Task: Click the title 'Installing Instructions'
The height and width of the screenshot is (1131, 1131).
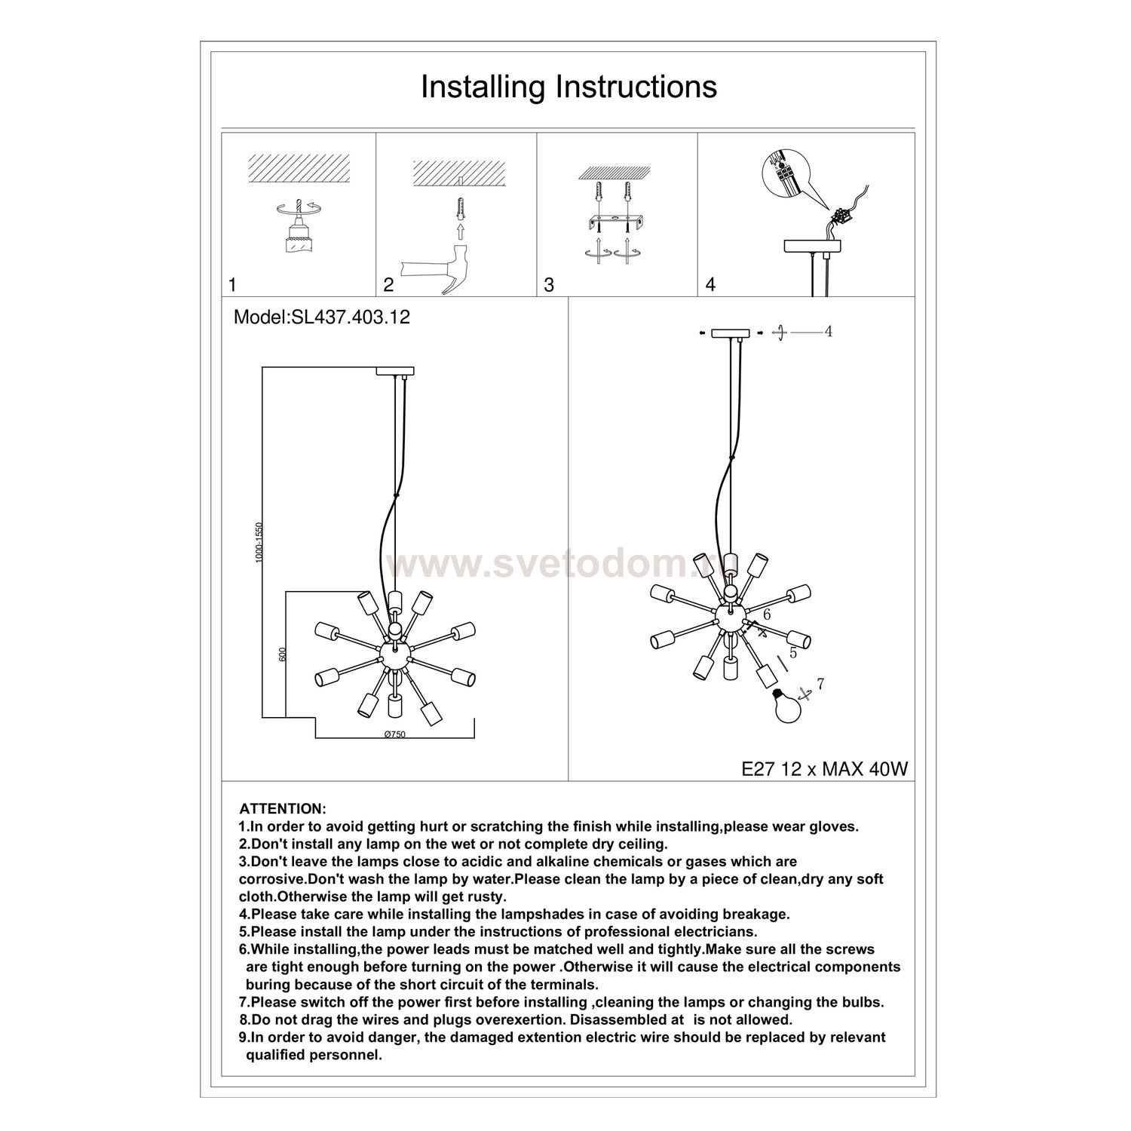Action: [x=569, y=87]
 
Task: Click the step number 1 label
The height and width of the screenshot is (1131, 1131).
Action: [x=233, y=285]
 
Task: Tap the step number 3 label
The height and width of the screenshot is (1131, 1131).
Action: [x=549, y=285]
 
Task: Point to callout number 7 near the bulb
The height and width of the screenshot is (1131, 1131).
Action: [x=821, y=685]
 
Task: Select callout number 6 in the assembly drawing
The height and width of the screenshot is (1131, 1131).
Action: [x=767, y=615]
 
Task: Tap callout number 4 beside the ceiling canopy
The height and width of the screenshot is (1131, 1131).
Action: [x=828, y=332]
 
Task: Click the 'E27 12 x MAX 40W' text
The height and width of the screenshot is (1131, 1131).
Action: [x=825, y=768]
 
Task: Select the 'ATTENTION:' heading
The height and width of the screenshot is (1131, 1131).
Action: [x=283, y=809]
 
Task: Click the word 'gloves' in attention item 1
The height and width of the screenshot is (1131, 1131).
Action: [x=834, y=827]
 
